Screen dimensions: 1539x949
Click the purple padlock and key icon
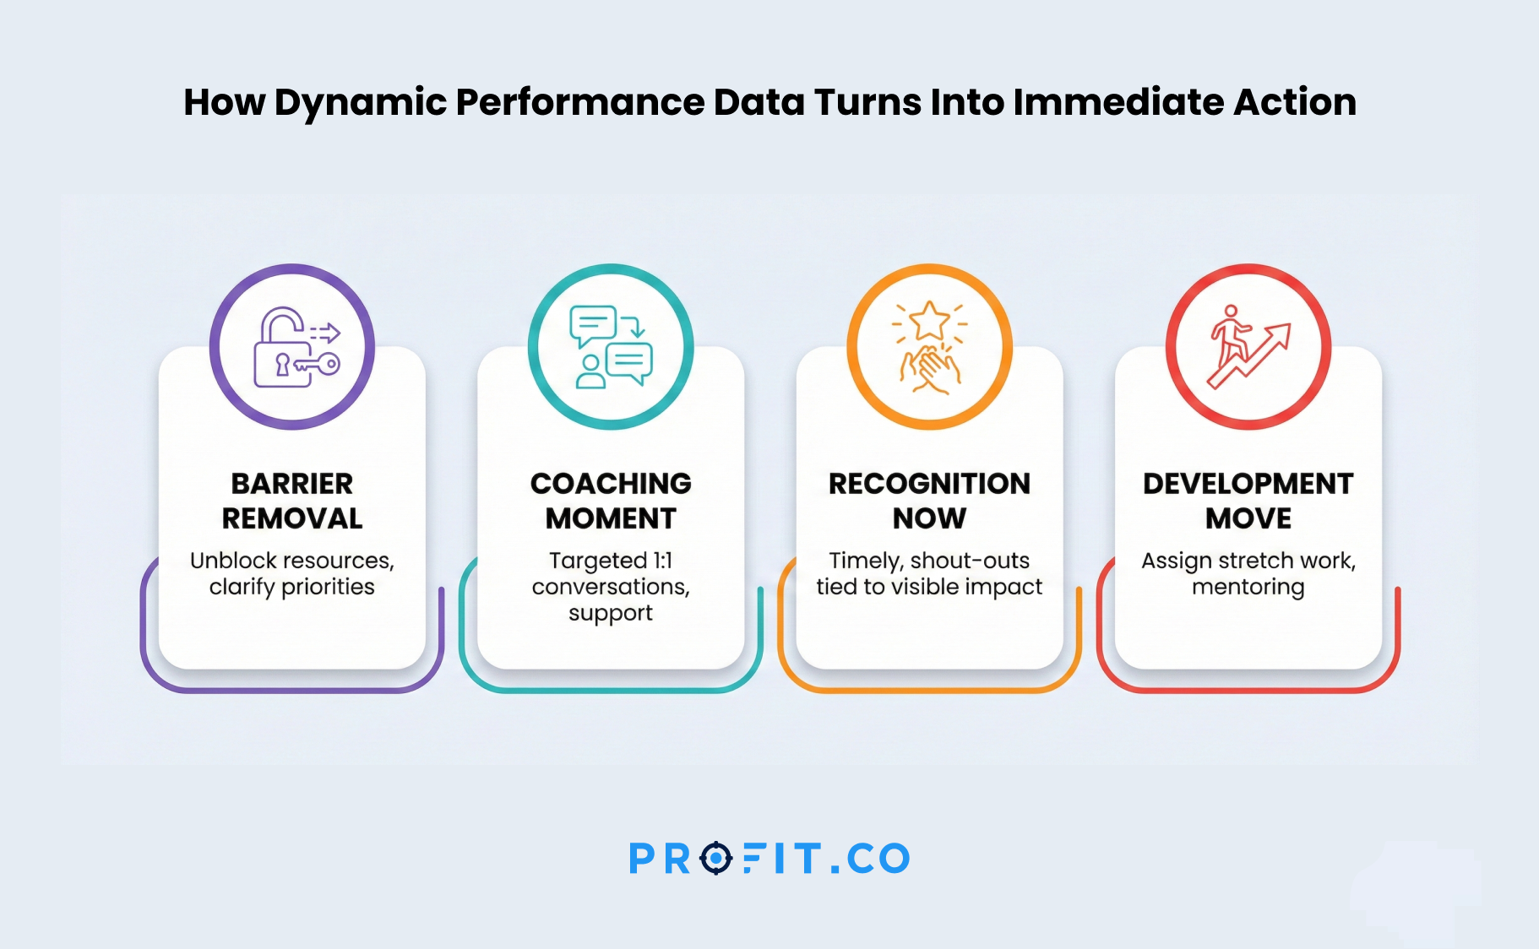click(x=296, y=347)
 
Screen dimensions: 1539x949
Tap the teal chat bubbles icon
click(x=611, y=347)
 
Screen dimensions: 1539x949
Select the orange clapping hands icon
click(x=930, y=347)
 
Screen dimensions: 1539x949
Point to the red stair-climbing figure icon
click(x=1249, y=347)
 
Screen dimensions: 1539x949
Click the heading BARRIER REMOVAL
click(x=292, y=501)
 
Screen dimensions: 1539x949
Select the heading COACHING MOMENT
click(x=611, y=501)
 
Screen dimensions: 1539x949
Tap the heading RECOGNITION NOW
click(x=929, y=501)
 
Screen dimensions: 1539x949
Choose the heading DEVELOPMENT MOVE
click(x=1248, y=501)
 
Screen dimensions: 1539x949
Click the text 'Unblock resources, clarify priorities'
click(x=292, y=574)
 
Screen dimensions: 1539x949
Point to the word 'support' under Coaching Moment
click(x=611, y=614)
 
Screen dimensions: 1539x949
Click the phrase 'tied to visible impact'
click(x=929, y=588)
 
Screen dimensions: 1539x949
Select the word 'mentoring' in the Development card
click(x=1248, y=588)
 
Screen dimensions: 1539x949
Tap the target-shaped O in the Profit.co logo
click(x=716, y=859)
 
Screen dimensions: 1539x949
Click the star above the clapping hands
click(x=930, y=321)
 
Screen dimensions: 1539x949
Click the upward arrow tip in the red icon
click(x=1290, y=325)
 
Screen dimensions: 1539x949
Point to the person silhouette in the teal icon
click(x=590, y=371)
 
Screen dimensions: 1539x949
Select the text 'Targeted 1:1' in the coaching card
click(x=611, y=561)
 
